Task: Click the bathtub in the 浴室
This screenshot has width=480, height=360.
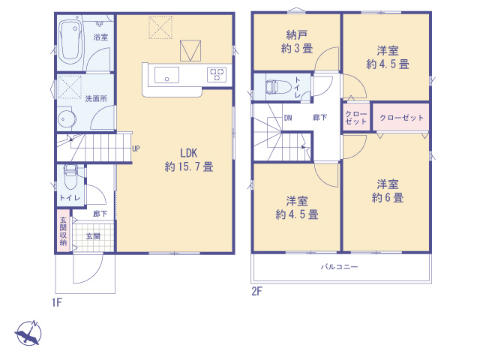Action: tap(71, 42)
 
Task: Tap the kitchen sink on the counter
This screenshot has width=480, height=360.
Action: tap(166, 75)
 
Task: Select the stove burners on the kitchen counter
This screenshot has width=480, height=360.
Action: tap(217, 75)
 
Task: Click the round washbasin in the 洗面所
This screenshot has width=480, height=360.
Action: tap(66, 119)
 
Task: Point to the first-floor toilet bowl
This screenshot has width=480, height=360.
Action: tap(70, 178)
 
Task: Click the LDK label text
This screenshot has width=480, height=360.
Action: tap(188, 153)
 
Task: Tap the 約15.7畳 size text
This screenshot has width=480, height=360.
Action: tap(189, 166)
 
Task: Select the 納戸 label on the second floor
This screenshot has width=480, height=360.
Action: tap(297, 35)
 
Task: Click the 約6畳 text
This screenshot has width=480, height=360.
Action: tap(388, 198)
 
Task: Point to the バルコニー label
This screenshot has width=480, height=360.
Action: tap(339, 267)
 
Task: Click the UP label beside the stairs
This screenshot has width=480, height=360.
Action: tap(136, 148)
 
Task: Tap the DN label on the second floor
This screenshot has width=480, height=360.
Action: tap(288, 118)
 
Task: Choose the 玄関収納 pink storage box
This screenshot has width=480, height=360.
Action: tap(63, 230)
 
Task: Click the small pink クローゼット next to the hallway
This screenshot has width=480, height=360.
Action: tap(356, 118)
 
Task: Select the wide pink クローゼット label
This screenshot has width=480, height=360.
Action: tap(402, 118)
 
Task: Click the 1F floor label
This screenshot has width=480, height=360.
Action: tap(57, 303)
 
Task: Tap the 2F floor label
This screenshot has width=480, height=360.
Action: tap(257, 291)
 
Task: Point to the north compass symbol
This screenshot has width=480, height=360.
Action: tap(28, 333)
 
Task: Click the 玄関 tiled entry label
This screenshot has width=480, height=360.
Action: tap(93, 236)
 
